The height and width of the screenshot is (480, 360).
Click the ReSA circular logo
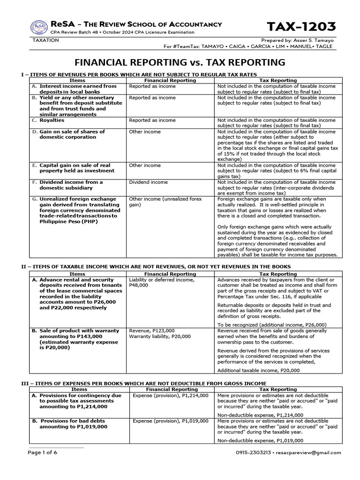pos(39,28)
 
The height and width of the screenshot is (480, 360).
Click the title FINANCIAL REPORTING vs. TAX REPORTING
pos(180,62)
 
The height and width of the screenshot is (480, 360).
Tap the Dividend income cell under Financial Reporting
pos(148,182)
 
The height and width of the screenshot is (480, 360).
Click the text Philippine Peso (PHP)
pos(65,221)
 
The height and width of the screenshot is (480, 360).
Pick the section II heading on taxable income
pos(160,266)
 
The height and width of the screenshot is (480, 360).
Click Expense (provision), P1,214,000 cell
pos(170,396)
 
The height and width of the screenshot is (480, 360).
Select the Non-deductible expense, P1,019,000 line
pos(260,441)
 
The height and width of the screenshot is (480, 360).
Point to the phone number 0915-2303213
pos(257,453)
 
